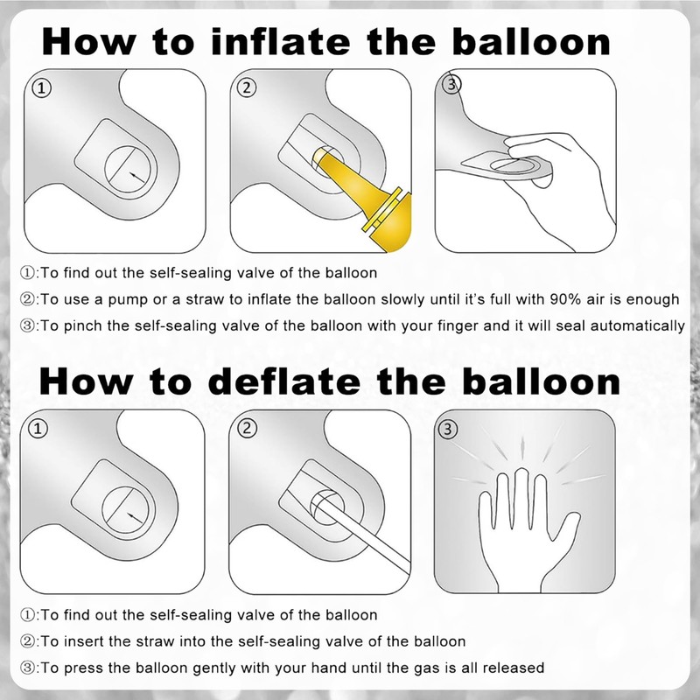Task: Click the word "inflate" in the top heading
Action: (280, 41)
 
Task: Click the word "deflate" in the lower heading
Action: (283, 381)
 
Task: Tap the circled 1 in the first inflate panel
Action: (41, 88)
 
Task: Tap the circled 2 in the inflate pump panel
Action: (247, 87)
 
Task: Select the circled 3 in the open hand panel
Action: (448, 429)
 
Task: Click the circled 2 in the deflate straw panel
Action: (247, 429)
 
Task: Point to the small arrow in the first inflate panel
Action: (137, 178)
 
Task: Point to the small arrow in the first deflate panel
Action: (135, 518)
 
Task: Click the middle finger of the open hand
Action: (521, 495)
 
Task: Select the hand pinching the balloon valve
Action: (558, 187)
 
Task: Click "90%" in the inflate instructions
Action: (565, 298)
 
